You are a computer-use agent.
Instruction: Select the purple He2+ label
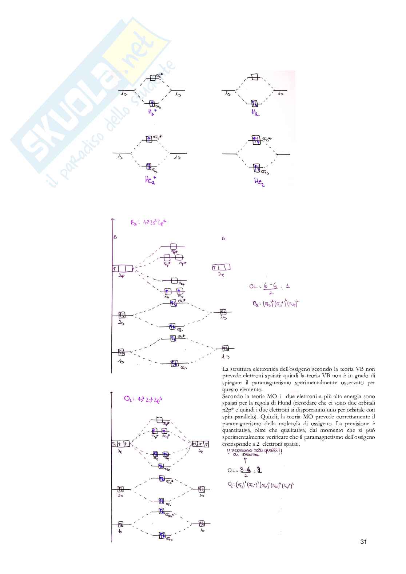point(150,180)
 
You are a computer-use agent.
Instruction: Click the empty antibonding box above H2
point(254,77)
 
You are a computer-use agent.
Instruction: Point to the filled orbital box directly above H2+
point(152,103)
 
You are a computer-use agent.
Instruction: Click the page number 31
point(363,542)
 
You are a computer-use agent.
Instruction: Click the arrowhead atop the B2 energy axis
point(113,220)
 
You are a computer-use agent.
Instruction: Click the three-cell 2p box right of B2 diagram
point(221,268)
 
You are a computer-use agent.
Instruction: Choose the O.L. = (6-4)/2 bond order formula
point(270,288)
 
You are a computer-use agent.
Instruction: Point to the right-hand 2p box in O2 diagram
point(200,444)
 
